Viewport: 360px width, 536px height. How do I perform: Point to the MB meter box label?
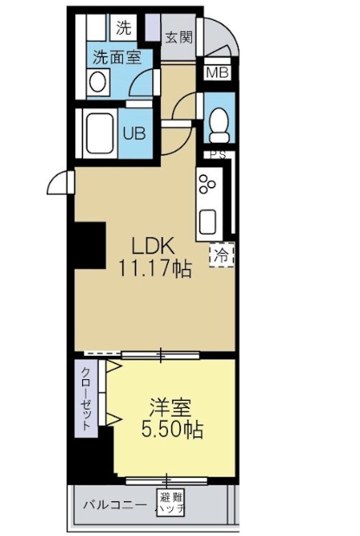pyautogui.click(x=216, y=73)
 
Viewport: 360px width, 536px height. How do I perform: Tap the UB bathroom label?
pyautogui.click(x=135, y=133)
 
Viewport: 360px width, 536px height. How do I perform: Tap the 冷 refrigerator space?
pyautogui.click(x=222, y=255)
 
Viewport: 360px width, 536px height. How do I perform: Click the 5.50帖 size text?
pyautogui.click(x=171, y=429)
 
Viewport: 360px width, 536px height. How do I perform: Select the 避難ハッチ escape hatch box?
pyautogui.click(x=170, y=503)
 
